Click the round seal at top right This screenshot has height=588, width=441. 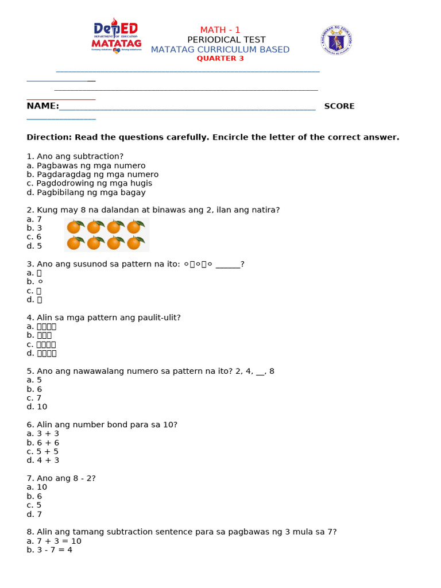point(336,40)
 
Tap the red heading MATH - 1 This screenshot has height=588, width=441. point(220,30)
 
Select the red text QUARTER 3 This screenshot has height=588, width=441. point(220,59)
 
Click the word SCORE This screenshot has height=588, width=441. point(339,106)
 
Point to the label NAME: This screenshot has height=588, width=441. point(42,106)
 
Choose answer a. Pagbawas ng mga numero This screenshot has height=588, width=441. point(86,165)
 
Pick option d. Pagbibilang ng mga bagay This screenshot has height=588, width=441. point(86,192)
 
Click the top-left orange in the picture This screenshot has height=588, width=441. point(74,227)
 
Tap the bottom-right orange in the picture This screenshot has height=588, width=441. point(134,243)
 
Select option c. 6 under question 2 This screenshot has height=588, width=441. point(34,237)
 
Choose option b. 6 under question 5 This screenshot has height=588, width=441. point(34,389)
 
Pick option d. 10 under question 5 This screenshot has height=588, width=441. point(36,407)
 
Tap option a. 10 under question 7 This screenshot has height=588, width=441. point(36,487)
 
